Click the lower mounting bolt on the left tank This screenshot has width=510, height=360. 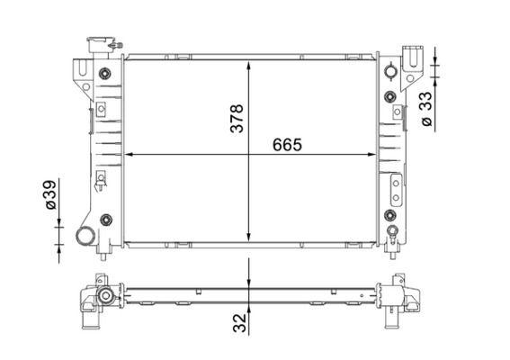[105, 219]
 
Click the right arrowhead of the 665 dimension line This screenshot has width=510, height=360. [375, 154]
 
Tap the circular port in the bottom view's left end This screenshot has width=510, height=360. [105, 296]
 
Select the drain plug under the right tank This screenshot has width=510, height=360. [393, 238]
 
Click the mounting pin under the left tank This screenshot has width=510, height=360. [105, 253]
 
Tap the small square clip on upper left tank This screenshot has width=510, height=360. [101, 109]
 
